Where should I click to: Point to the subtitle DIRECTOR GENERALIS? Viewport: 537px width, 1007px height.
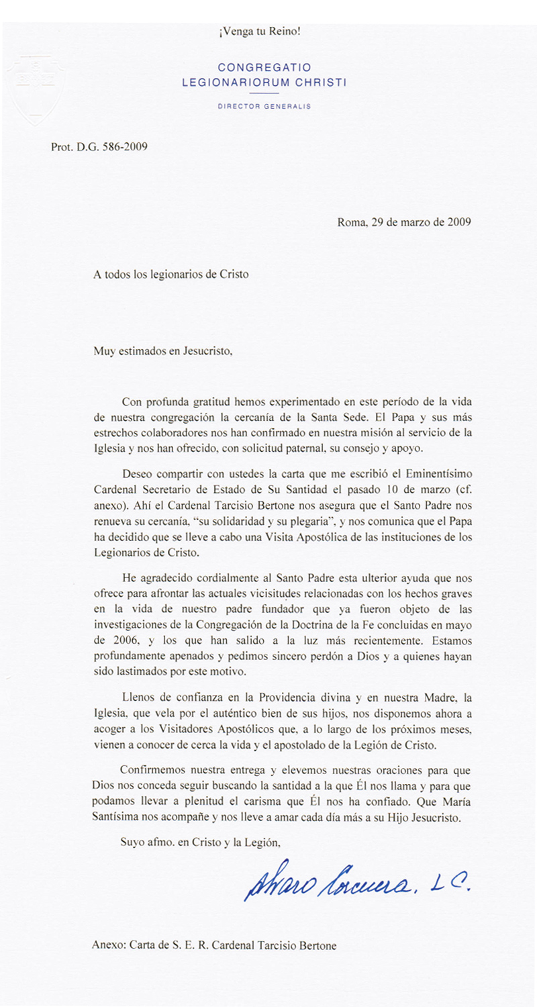coord(264,107)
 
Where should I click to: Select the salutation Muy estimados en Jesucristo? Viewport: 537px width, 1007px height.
coord(162,350)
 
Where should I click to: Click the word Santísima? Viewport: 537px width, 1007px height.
coord(117,818)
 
